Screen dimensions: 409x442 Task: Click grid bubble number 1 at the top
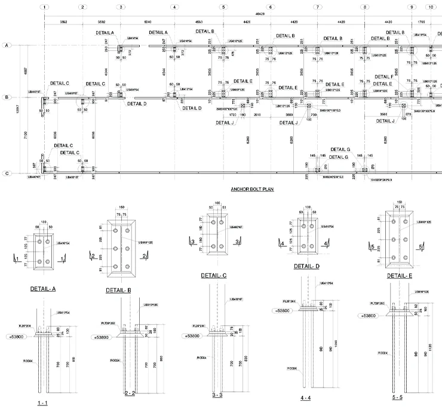(x=45, y=7)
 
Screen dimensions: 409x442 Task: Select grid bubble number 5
(x=223, y=7)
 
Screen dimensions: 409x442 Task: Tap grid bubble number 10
(x=431, y=7)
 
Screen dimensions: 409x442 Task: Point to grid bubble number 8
(x=364, y=7)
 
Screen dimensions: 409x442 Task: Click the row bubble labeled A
(x=7, y=45)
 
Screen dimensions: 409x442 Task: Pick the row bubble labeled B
(x=7, y=96)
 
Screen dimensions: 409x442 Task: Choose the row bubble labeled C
(x=7, y=173)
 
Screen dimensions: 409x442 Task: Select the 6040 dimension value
(x=149, y=22)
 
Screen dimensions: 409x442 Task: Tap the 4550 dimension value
(x=199, y=22)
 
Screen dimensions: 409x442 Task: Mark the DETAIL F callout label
(x=383, y=77)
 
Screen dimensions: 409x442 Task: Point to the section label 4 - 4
(x=310, y=396)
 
